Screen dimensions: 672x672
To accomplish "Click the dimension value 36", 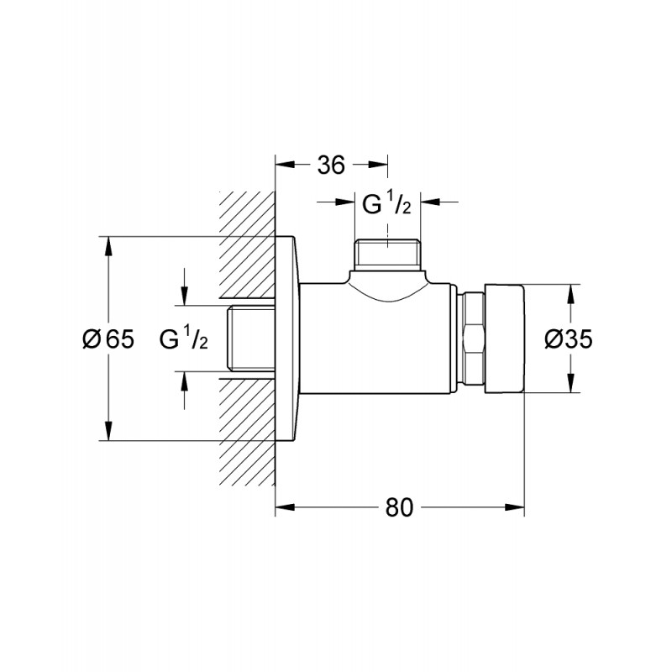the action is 331,165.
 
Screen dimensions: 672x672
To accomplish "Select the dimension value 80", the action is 399,507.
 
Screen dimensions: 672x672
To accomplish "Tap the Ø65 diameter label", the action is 108,339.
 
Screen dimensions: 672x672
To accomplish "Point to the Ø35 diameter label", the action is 569,339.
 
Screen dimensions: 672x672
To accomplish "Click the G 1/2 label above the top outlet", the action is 386,203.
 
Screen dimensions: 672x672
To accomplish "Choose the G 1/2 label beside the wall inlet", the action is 183,338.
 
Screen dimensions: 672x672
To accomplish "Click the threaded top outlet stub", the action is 387,255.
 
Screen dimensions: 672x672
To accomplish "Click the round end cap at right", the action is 505,339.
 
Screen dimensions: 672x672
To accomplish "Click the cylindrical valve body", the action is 375,339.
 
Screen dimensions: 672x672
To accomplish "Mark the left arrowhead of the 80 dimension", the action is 286,507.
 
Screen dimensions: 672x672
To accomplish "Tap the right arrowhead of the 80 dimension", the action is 514,507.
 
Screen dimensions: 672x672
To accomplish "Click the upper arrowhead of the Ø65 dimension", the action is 108,246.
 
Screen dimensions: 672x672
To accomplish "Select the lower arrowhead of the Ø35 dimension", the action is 570,382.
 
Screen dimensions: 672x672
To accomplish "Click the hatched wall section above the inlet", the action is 247,244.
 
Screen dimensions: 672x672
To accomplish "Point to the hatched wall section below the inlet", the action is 247,433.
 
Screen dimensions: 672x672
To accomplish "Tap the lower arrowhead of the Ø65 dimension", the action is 108,430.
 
